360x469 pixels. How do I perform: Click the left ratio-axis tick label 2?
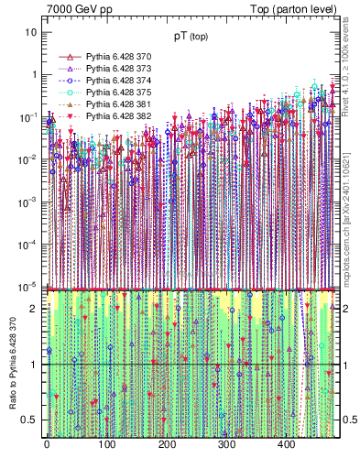[x=34, y=309]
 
